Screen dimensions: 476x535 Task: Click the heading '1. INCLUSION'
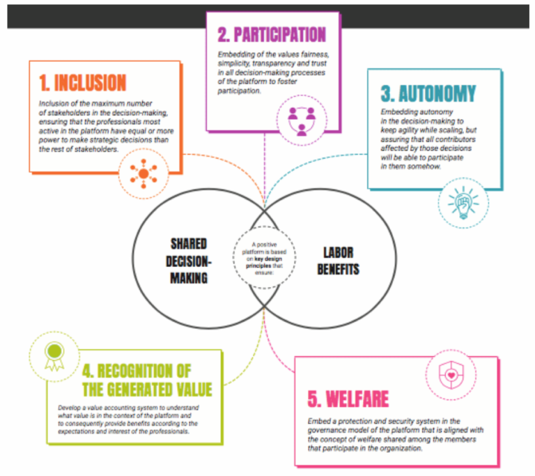(82, 84)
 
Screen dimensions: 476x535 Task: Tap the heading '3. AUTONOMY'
(428, 93)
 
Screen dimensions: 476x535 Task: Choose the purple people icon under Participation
(301, 119)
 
